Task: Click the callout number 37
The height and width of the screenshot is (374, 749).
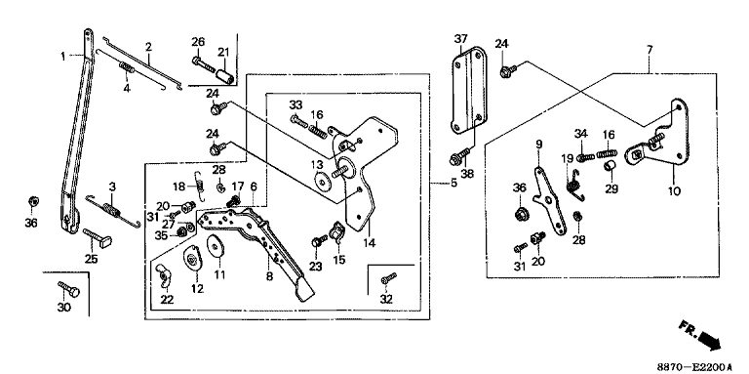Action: (460, 37)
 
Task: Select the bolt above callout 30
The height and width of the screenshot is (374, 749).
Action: (68, 288)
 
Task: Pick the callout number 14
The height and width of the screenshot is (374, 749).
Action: (369, 243)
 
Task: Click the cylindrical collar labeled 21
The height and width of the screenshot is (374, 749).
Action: (225, 76)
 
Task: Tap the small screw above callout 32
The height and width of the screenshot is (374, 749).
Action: (389, 277)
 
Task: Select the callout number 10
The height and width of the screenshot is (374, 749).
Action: (674, 190)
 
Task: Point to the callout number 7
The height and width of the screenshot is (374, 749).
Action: (650, 50)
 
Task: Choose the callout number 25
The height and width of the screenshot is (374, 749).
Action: (92, 259)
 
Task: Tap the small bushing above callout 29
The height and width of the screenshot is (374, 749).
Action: (609, 167)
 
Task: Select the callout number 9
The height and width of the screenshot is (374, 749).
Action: (538, 144)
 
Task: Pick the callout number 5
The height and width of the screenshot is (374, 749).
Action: (453, 183)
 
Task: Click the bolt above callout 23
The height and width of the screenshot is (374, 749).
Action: (319, 240)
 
